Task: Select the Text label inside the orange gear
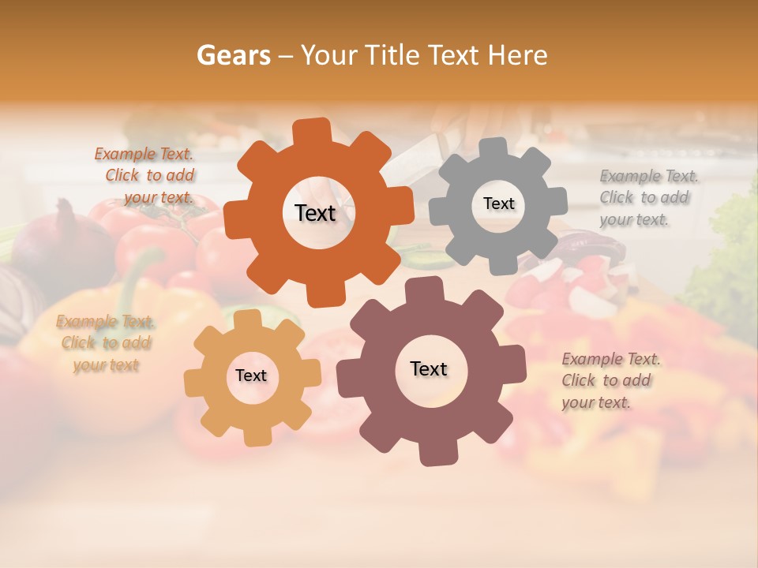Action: pos(315,213)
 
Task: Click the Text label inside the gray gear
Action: pos(498,204)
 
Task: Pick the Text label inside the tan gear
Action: pos(251,376)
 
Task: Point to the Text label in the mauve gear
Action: pos(429,368)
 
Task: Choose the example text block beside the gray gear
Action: pos(648,197)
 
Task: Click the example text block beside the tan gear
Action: pos(106,343)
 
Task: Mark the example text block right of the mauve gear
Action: pos(610,381)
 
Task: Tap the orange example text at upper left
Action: pos(145,176)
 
